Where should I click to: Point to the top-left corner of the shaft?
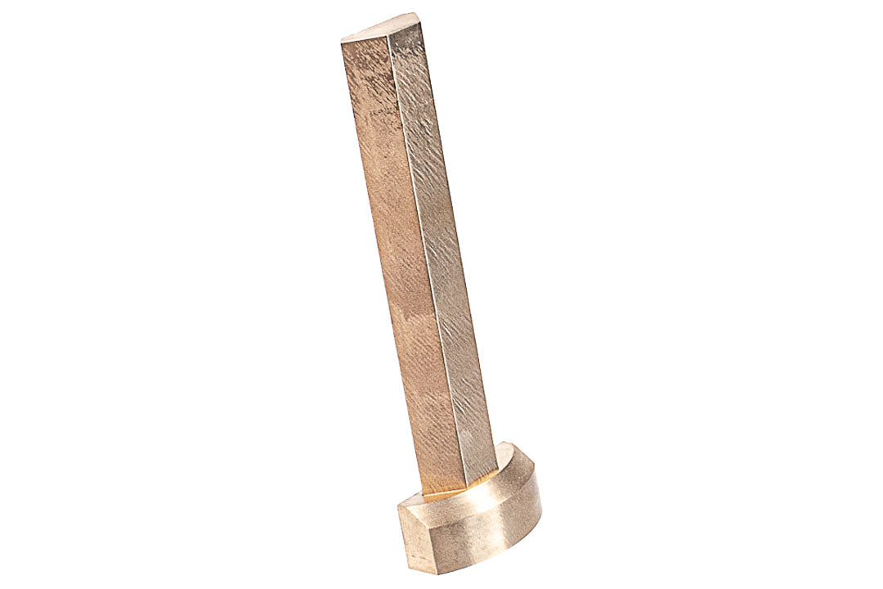[342, 41]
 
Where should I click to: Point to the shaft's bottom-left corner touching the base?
[424, 494]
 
